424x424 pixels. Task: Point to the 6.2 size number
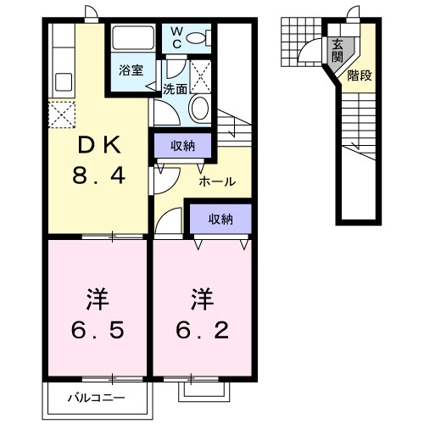point(202,326)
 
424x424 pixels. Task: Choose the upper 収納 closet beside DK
point(183,146)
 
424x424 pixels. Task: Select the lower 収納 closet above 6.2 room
point(220,220)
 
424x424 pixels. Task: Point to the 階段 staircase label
point(359,75)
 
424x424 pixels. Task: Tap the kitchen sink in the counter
point(64,82)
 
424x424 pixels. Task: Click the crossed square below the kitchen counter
point(63,114)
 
